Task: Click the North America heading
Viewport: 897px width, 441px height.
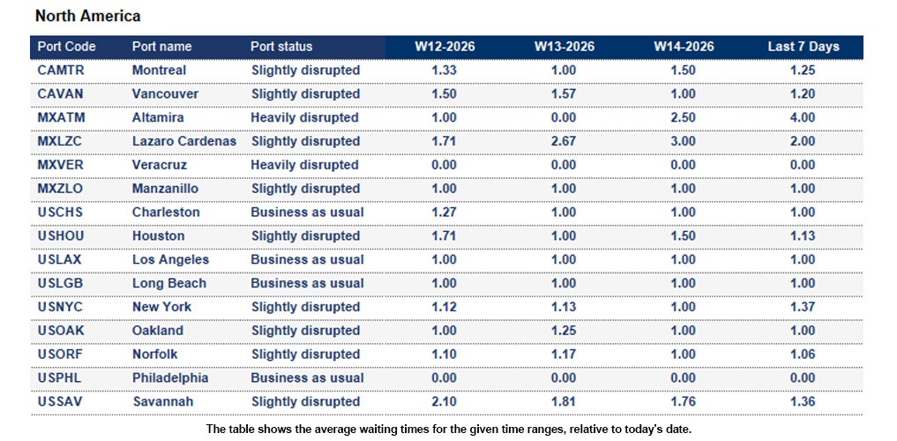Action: point(87,16)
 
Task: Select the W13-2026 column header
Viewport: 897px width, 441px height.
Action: point(564,47)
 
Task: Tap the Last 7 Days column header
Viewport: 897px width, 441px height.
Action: point(803,47)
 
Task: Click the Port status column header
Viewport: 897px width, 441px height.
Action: point(281,47)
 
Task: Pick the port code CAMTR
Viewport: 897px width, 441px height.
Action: point(62,70)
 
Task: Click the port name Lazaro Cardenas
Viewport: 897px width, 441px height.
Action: point(184,141)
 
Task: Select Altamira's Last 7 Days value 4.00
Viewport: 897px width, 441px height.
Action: point(803,117)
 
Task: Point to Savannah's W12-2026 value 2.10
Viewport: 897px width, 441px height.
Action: point(445,402)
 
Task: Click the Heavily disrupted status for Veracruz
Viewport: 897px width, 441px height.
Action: point(304,165)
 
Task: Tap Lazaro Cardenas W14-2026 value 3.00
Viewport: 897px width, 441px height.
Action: point(684,141)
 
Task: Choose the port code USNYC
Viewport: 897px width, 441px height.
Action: point(61,307)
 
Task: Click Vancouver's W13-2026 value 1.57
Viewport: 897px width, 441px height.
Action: point(564,93)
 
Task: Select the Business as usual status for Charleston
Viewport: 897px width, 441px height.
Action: point(307,213)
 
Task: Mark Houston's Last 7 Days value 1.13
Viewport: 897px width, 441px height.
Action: point(803,236)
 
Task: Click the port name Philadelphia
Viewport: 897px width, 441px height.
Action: point(170,378)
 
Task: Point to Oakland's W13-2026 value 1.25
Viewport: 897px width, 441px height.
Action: point(564,331)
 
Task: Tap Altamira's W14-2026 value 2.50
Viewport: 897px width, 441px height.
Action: point(684,117)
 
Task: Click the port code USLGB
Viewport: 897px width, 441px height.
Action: point(61,283)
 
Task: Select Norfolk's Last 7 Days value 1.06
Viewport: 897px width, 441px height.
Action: point(803,355)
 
